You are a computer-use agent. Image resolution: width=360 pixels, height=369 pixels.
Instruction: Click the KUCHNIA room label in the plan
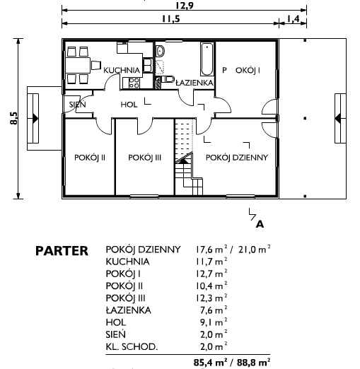point(122,70)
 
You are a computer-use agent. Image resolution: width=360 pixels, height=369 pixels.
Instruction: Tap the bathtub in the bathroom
point(207,59)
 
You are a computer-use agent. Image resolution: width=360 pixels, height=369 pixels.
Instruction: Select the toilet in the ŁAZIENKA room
point(168,79)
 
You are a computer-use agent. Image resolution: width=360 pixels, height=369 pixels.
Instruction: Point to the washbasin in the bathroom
point(160,51)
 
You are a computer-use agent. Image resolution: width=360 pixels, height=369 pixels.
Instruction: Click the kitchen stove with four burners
point(134,83)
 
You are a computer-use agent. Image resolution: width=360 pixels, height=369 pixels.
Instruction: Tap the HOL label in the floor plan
point(129,105)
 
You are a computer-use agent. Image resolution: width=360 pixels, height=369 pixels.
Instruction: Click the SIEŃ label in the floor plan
point(78,104)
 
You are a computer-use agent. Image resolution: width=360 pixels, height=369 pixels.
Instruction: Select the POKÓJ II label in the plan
point(90,158)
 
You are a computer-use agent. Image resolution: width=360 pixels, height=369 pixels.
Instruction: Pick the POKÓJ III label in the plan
point(145,158)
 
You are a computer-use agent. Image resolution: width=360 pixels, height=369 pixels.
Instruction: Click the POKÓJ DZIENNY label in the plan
point(237,158)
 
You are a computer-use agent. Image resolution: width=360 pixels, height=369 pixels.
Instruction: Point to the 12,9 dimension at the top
point(185,5)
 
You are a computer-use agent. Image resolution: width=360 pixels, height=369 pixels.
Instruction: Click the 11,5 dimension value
point(171,19)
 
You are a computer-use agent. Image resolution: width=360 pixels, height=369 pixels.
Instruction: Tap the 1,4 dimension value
point(293,19)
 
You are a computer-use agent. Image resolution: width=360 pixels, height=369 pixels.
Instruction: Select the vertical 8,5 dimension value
point(13,118)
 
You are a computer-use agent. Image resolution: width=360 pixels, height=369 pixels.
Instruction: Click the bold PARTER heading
point(62,251)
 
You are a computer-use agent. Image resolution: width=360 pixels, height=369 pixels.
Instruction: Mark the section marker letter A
point(260,224)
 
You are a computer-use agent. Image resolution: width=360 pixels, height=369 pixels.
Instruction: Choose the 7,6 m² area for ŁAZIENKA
point(214,310)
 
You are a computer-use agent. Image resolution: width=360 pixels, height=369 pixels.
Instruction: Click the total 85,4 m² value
point(211,362)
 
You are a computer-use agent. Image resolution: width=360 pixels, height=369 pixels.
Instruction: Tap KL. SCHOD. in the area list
point(132,346)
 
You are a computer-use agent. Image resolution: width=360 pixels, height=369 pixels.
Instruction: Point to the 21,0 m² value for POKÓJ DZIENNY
point(255,250)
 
